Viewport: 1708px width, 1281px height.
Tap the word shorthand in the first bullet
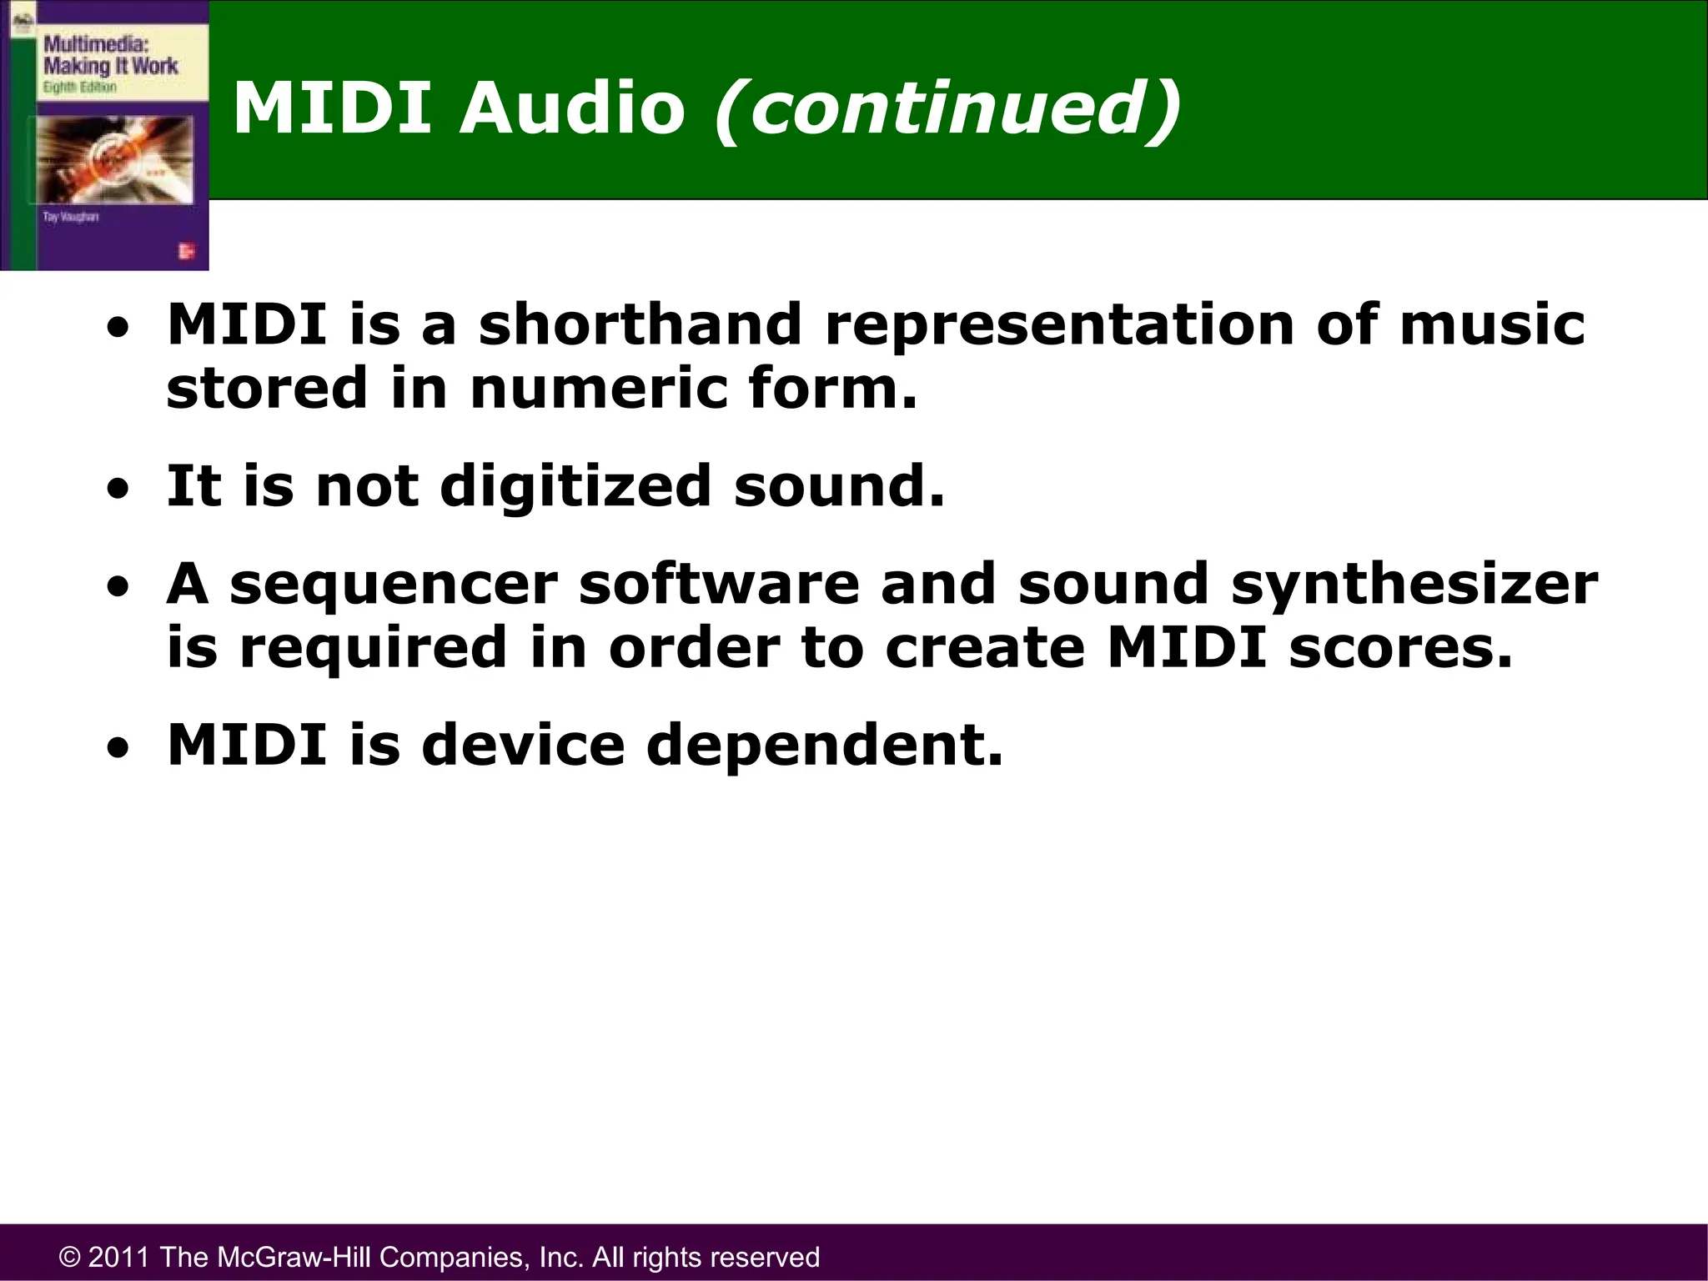tap(640, 324)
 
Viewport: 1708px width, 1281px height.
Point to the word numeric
tap(599, 389)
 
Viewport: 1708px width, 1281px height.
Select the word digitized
tap(575, 486)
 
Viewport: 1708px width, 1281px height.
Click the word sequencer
tap(394, 585)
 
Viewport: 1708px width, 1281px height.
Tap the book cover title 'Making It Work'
tap(110, 66)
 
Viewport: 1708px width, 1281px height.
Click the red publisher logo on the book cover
tap(187, 251)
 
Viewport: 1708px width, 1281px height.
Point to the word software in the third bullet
tap(719, 585)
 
